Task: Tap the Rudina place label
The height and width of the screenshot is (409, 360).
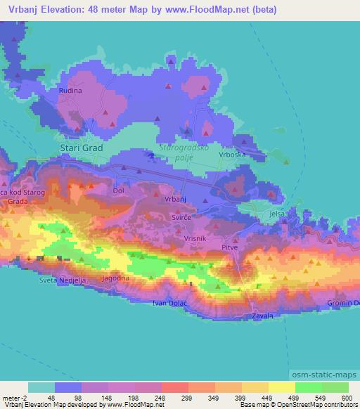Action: coord(70,91)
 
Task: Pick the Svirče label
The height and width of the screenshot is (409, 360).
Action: coord(180,219)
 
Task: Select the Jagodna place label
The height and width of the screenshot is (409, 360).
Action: coord(116,278)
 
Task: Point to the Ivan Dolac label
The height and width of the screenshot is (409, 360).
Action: coord(169,303)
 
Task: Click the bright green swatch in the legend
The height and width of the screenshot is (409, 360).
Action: coord(309,387)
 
